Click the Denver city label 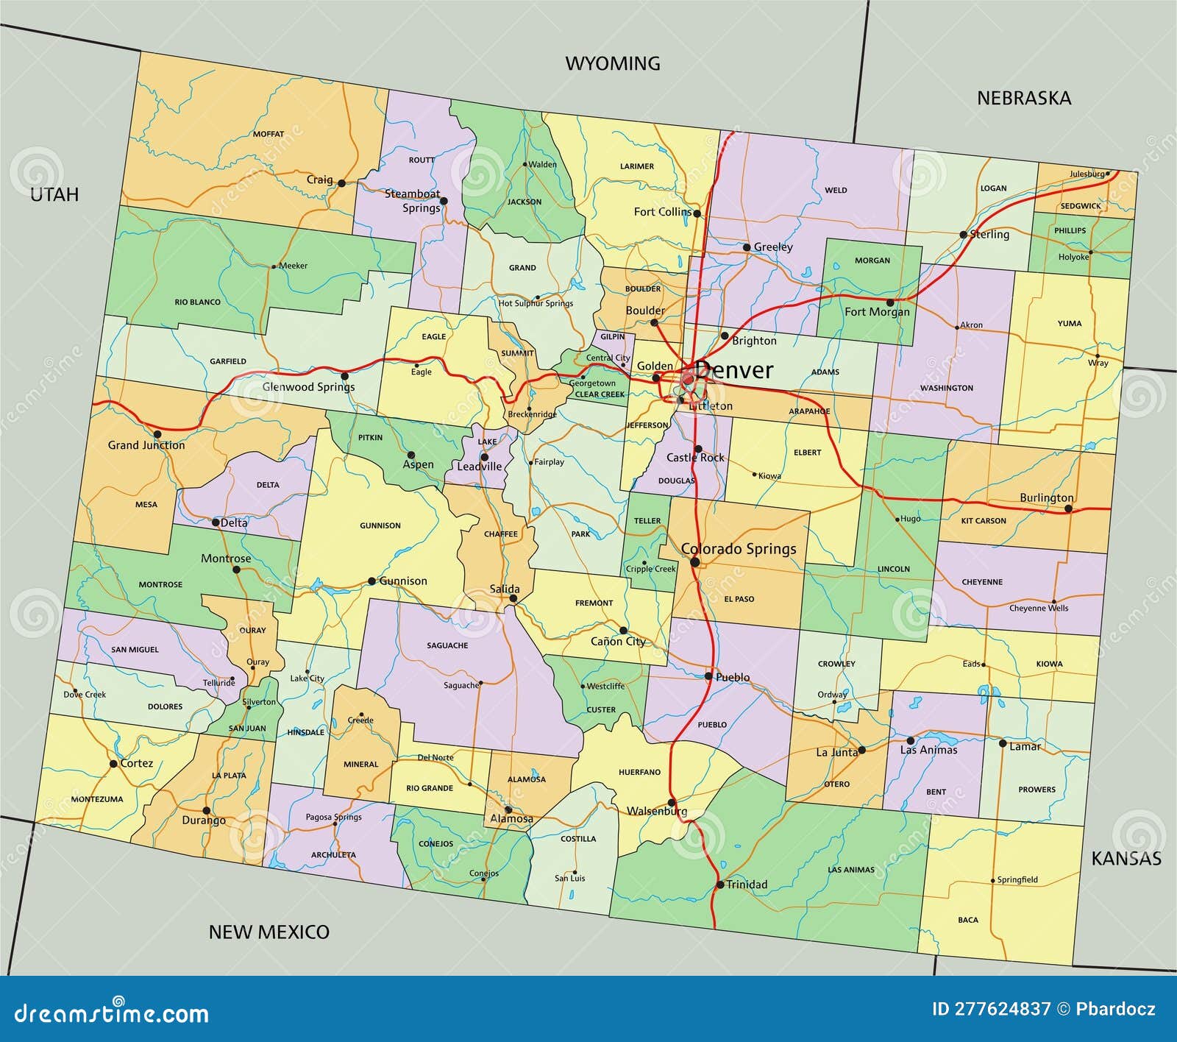click(733, 370)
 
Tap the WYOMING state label click(612, 64)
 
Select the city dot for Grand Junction click(157, 434)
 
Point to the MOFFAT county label click(268, 134)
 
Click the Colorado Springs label click(739, 549)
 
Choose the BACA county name click(968, 920)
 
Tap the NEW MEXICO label click(269, 932)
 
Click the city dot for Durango click(206, 810)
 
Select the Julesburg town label click(1087, 174)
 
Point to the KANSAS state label click(1126, 859)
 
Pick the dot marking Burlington click(1068, 508)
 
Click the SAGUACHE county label click(447, 645)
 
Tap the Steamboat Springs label click(413, 201)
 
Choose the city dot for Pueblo click(708, 676)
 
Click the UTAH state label click(54, 194)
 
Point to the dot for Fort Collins click(697, 213)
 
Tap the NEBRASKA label click(1023, 99)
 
